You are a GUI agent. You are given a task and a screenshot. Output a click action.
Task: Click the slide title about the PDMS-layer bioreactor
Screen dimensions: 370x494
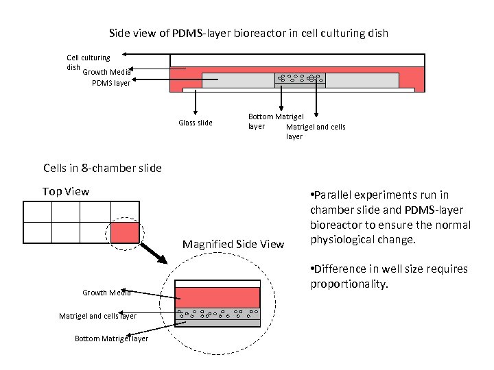[248, 33]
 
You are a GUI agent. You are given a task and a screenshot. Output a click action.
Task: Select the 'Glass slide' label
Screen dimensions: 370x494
[196, 123]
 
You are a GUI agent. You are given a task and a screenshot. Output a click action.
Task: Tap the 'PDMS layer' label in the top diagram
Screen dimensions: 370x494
[110, 84]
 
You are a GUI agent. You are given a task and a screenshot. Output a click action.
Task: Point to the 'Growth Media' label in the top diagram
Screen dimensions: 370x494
[106, 71]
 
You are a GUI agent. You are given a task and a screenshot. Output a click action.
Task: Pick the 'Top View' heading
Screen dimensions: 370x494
[66, 191]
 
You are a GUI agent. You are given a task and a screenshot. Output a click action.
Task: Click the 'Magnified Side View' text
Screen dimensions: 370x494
[233, 245]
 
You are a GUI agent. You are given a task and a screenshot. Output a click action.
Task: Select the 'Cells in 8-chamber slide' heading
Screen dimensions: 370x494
[102, 168]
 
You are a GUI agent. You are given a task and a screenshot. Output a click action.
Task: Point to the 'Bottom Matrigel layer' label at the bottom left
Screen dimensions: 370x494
[111, 338]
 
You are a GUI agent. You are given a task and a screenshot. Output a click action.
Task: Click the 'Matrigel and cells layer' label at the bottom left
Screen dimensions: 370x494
[97, 316]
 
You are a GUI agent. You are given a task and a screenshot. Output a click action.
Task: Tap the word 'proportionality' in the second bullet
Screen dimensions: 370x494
[349, 284]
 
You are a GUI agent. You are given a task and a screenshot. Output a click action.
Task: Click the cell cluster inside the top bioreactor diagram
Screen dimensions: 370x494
[300, 78]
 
